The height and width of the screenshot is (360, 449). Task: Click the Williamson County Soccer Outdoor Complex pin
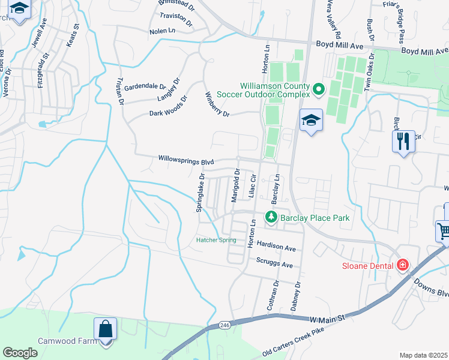pos(318,90)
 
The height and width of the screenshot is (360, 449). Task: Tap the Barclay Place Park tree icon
pos(271,218)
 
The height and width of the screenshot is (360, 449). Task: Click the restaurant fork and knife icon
pos(402,142)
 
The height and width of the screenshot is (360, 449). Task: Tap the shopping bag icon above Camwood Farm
pos(105,329)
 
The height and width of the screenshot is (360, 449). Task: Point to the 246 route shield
pos(224,325)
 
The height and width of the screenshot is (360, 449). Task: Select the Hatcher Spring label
pos(216,241)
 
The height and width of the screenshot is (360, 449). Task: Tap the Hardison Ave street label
pos(276,247)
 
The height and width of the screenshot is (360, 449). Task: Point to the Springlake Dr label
pos(201,192)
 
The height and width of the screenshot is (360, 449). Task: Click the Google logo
pos(20,352)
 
